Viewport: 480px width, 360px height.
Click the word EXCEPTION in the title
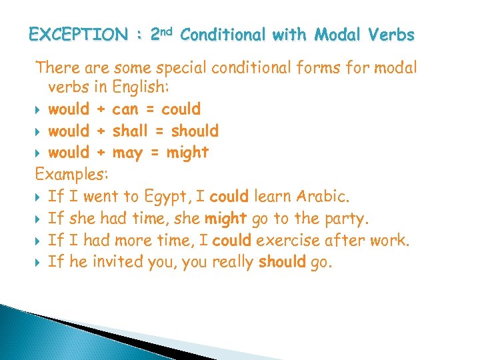click(x=79, y=34)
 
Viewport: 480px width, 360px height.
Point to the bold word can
click(x=126, y=109)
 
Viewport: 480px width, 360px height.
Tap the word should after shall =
click(x=195, y=131)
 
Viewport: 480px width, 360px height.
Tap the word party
click(x=347, y=219)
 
